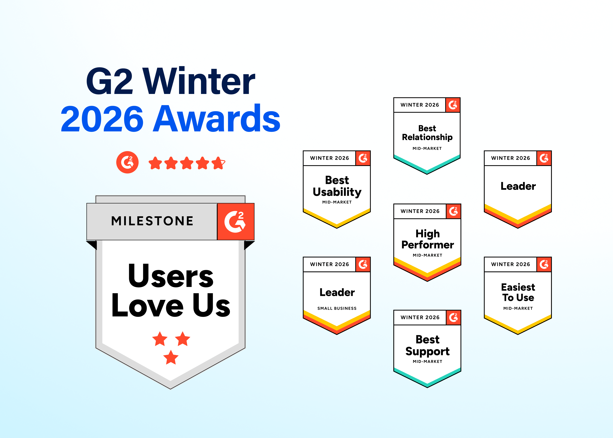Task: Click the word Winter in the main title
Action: (199, 81)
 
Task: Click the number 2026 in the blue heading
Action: (102, 119)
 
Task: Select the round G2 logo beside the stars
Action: (127, 162)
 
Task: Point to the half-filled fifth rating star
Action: (218, 163)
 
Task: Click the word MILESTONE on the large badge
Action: (152, 221)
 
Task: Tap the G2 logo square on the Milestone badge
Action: (236, 221)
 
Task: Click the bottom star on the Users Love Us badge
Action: (171, 357)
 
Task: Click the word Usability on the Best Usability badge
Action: (337, 192)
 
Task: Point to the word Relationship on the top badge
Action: (427, 137)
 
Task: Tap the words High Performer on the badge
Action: (428, 239)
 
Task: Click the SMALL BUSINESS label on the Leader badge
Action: (337, 308)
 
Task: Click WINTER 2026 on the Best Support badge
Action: (420, 318)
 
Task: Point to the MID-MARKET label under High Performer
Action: (428, 255)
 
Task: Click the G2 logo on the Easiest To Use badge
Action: (544, 264)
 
